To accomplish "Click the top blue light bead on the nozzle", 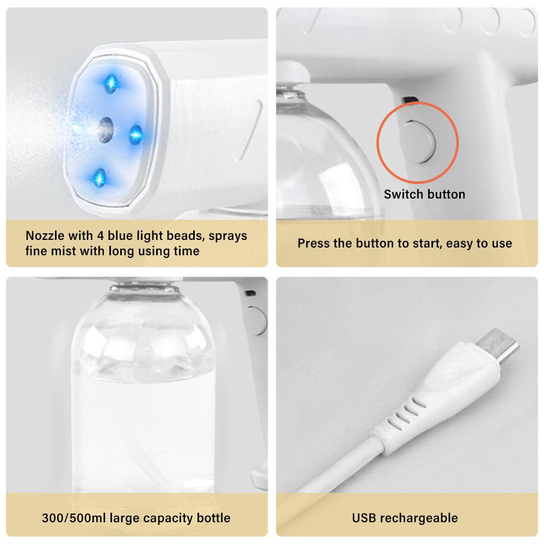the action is pyautogui.click(x=111, y=84).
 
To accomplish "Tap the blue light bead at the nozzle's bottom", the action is pyautogui.click(x=100, y=178).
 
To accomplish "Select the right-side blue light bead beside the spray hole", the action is pyautogui.click(x=135, y=134).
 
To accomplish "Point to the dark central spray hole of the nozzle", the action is pyautogui.click(x=106, y=130).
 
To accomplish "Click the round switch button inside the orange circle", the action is pyautogui.click(x=418, y=141).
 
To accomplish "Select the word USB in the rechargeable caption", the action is pyautogui.click(x=364, y=518).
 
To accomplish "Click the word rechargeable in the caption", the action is pyautogui.click(x=419, y=518).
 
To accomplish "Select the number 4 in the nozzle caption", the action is pyautogui.click(x=100, y=236).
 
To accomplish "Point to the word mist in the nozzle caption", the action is pyautogui.click(x=64, y=251).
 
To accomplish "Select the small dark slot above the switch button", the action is pyautogui.click(x=410, y=100).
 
